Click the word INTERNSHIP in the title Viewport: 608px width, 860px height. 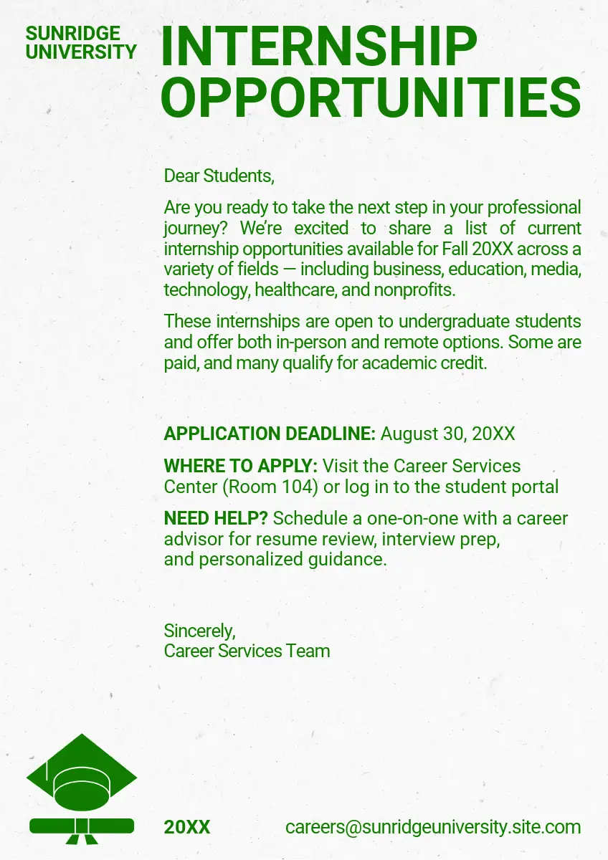[x=319, y=47]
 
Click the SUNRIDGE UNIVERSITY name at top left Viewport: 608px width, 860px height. [x=80, y=42]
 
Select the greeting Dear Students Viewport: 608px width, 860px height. [x=219, y=176]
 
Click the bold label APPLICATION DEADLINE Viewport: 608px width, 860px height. [x=270, y=434]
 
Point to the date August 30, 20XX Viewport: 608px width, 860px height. [x=447, y=434]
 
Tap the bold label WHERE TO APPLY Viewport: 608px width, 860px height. [x=240, y=466]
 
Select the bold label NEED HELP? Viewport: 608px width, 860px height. [x=215, y=518]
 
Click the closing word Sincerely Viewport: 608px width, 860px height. [x=199, y=631]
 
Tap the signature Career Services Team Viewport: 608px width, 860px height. [x=247, y=651]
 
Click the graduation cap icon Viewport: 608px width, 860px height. [x=81, y=773]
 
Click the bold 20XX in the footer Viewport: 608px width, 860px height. [x=187, y=827]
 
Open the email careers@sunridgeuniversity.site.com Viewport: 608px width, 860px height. [x=433, y=827]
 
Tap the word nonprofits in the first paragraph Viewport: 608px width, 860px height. [x=419, y=290]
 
